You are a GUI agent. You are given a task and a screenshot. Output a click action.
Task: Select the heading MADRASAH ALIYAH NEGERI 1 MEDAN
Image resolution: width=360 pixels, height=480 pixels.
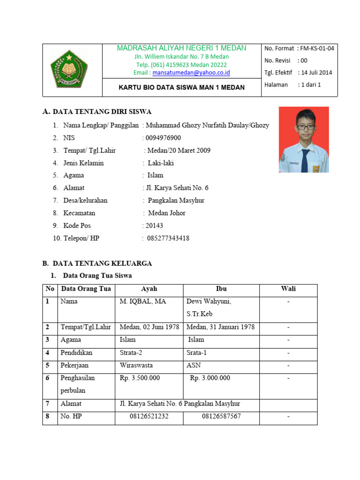(181, 48)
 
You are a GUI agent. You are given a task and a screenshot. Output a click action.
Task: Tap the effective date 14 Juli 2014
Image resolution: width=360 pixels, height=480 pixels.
(316, 73)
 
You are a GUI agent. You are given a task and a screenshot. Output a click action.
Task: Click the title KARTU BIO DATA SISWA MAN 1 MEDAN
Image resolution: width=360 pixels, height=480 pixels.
(181, 87)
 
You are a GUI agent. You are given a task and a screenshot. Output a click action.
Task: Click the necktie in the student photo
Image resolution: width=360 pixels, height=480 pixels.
(304, 159)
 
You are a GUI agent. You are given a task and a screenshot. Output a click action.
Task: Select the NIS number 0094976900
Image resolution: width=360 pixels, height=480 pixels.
(163, 138)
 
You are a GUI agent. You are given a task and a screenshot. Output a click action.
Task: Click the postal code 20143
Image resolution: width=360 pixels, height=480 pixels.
(154, 225)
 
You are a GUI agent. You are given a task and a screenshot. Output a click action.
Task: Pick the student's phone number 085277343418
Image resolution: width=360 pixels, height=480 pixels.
(168, 238)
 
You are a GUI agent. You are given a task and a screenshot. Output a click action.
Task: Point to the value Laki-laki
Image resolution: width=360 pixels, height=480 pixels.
(161, 163)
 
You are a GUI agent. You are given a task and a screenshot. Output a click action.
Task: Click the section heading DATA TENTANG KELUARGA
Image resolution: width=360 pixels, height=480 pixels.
(102, 263)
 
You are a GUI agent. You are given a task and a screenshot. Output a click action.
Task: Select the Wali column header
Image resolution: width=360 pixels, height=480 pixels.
(288, 289)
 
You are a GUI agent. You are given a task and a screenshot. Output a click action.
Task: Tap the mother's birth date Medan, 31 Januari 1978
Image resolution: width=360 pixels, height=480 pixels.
(220, 327)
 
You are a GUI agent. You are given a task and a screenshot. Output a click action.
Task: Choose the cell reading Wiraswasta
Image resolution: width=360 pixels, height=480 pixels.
(136, 365)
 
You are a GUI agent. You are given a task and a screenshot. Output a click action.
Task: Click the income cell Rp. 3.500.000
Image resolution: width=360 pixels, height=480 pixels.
(140, 378)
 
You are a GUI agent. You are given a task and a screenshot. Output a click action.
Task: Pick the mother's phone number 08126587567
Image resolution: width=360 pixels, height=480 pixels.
(221, 416)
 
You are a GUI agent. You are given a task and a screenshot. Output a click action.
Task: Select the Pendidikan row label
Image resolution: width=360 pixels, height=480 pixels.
(76, 352)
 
